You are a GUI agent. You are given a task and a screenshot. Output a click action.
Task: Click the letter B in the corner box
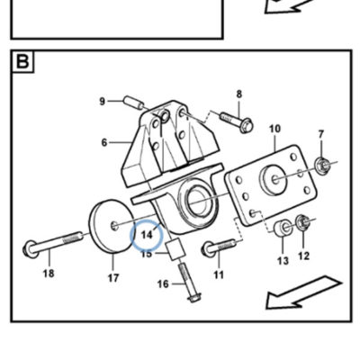[22, 61]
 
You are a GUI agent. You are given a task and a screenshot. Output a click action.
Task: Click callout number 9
[103, 102]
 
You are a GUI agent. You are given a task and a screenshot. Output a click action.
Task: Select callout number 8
[238, 94]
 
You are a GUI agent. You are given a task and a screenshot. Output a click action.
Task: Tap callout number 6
[104, 142]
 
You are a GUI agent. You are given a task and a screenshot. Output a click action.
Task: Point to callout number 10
[274, 129]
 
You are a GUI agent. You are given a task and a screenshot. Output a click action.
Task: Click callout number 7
[321, 134]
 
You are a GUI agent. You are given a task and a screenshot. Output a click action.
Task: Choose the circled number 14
[147, 235]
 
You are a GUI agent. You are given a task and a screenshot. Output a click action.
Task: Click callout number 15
[147, 254]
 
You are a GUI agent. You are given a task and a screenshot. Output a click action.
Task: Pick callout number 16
[163, 283]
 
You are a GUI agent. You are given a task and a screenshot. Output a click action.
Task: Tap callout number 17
[113, 278]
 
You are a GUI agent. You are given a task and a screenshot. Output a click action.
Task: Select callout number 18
[49, 274]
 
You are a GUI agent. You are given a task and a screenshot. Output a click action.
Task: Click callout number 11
[219, 274]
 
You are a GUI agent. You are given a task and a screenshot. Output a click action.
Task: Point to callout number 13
[283, 260]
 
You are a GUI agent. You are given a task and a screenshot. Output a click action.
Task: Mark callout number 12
[303, 256]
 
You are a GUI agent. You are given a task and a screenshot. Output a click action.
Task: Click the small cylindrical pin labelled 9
[132, 102]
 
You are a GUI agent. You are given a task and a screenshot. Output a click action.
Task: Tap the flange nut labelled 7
[322, 165]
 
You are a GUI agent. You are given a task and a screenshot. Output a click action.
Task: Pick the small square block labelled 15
[175, 249]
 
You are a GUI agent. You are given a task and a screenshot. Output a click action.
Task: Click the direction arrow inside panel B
[303, 292]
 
